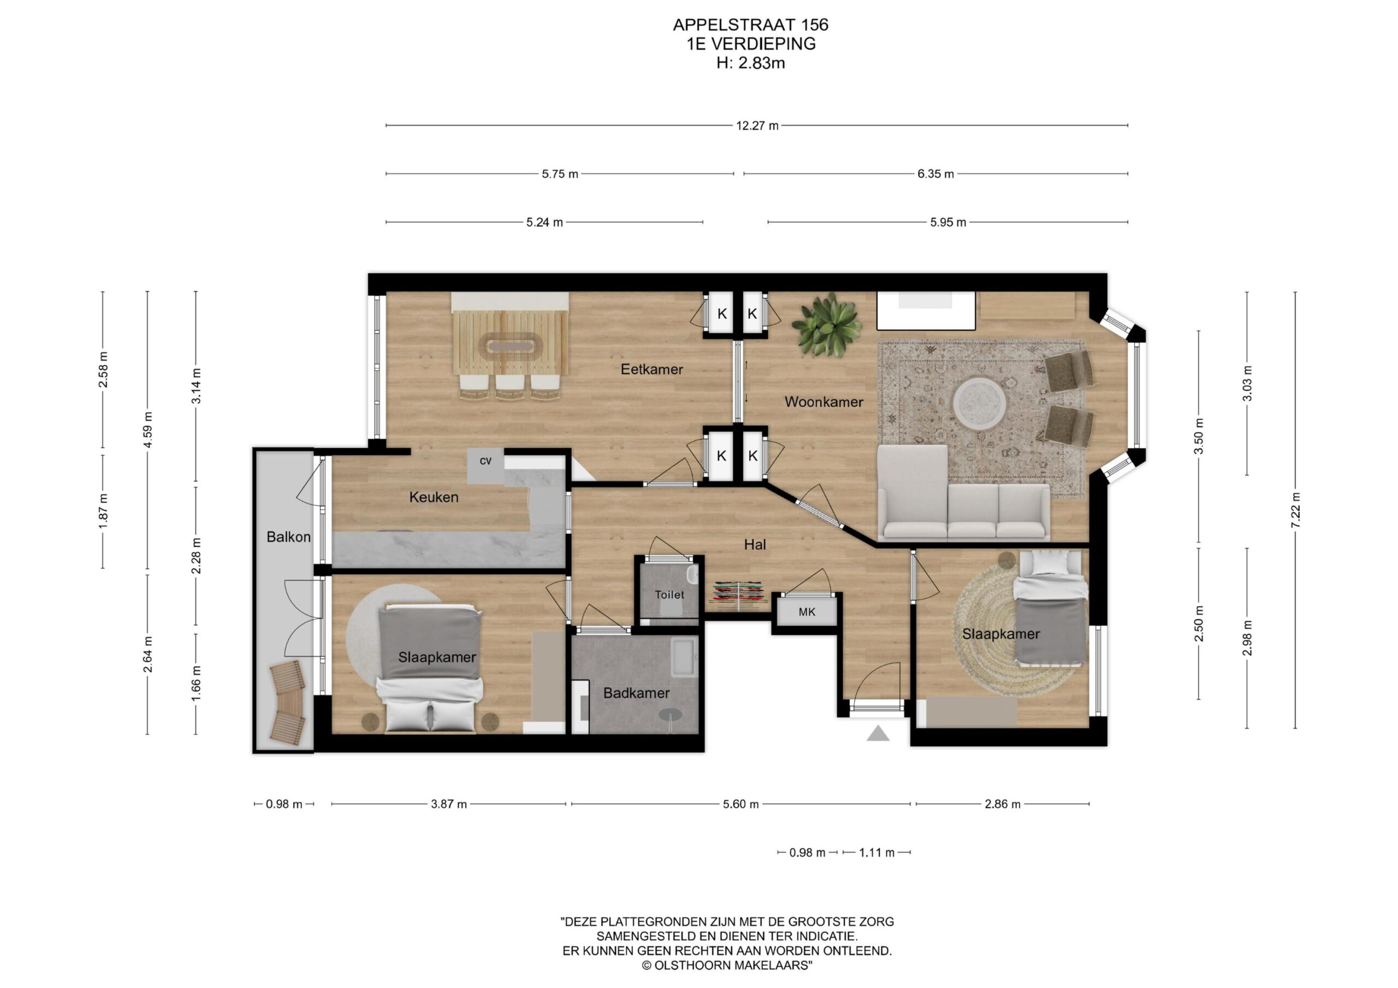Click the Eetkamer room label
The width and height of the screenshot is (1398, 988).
click(x=651, y=369)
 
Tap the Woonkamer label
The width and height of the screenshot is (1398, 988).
click(x=824, y=402)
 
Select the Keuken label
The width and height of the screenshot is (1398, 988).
click(x=434, y=497)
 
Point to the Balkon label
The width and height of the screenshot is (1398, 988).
click(x=289, y=537)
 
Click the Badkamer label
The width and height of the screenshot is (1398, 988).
click(x=636, y=693)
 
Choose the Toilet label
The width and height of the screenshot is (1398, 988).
click(x=669, y=595)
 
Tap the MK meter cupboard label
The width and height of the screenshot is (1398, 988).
click(x=807, y=612)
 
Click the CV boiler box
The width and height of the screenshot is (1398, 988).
click(x=485, y=466)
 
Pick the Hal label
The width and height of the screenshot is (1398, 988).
click(x=755, y=545)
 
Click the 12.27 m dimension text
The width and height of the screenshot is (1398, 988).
click(x=757, y=126)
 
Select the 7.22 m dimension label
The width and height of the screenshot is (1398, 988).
click(x=1295, y=510)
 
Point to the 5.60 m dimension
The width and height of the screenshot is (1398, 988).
click(x=741, y=804)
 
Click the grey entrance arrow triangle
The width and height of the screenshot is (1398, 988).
click(x=878, y=734)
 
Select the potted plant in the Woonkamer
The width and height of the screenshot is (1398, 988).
click(x=826, y=324)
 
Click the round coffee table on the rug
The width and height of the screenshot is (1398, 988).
click(x=979, y=402)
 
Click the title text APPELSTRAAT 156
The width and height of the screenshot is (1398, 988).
click(x=750, y=25)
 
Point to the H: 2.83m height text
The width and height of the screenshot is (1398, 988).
click(x=750, y=63)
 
